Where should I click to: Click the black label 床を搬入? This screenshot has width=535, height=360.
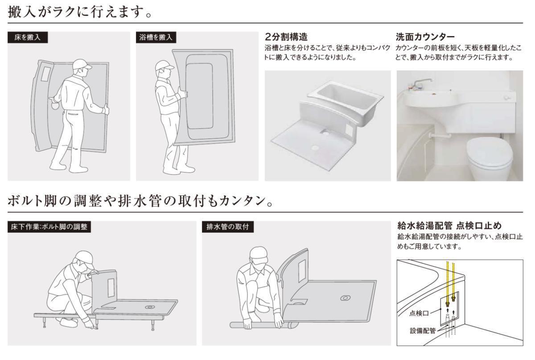point(28,37)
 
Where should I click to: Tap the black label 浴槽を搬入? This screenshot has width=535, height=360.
point(156,37)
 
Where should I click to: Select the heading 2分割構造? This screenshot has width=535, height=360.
point(286,37)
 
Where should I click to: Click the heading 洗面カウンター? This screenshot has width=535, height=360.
point(425,37)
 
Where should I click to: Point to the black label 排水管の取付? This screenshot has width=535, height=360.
point(228,227)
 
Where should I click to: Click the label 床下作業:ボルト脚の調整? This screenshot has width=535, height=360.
point(49,227)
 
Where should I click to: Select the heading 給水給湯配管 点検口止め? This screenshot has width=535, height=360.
point(449,225)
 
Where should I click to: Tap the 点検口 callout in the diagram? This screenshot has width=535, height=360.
point(419,313)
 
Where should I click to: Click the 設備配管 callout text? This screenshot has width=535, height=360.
point(423,331)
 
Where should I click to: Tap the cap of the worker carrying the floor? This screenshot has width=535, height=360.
point(82,65)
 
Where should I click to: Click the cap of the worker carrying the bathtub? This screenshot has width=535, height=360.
point(164,66)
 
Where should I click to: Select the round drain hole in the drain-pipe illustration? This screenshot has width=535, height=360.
point(346,298)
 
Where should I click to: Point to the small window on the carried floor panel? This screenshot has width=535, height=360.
point(45,74)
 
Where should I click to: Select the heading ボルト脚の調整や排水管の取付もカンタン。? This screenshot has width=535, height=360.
point(140,201)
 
